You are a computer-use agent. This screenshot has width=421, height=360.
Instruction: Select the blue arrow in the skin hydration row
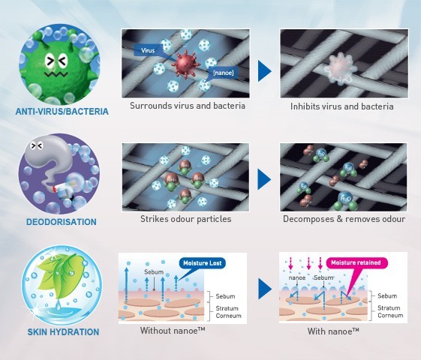263,288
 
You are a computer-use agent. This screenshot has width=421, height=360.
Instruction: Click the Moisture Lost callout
202,262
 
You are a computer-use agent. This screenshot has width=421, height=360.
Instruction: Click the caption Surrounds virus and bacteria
187,106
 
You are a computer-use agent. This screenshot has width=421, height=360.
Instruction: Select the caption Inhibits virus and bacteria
341,106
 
